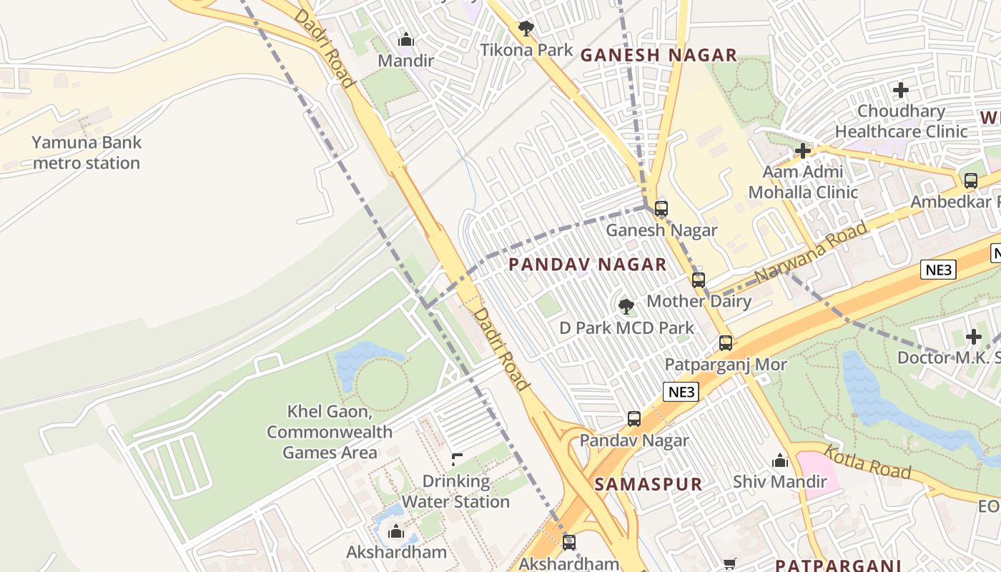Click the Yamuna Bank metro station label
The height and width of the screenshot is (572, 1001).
87,152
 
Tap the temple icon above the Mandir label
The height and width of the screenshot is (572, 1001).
405,39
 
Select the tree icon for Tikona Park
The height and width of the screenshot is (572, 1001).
526,29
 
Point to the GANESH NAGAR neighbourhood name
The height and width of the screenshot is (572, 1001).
658,55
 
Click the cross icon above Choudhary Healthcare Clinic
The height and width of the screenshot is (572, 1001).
901,90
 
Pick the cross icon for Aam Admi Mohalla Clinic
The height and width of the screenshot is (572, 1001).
803,151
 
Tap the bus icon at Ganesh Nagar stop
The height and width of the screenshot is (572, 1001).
661,209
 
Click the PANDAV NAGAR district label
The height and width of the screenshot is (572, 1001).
587,265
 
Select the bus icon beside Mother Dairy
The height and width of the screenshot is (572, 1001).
699,280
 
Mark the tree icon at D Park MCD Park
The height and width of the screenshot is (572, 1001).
626,307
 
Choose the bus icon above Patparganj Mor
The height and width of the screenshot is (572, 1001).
726,343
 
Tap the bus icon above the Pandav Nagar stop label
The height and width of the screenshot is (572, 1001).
634,419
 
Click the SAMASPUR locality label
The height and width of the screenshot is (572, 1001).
648,484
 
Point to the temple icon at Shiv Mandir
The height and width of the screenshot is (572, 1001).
780,460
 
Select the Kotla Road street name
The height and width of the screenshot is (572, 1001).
867,462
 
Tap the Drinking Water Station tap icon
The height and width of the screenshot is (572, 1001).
456,459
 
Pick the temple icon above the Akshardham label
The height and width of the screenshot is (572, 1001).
395,531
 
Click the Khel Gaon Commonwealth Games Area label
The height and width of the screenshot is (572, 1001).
330,432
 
